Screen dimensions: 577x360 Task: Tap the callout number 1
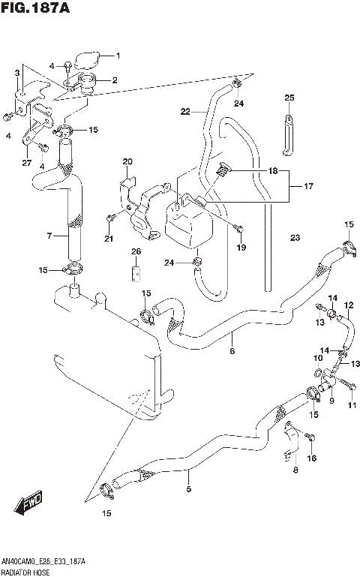click(116, 56)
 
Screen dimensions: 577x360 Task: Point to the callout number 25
click(289, 98)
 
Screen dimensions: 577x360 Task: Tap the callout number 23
click(295, 238)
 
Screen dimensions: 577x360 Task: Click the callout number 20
click(127, 161)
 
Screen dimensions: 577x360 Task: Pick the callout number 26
click(136, 251)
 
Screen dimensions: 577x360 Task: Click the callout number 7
click(49, 236)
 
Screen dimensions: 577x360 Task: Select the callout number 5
click(188, 489)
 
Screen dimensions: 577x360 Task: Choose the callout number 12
click(349, 305)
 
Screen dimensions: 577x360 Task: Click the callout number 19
click(241, 247)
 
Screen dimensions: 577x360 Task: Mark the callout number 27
click(26, 162)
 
